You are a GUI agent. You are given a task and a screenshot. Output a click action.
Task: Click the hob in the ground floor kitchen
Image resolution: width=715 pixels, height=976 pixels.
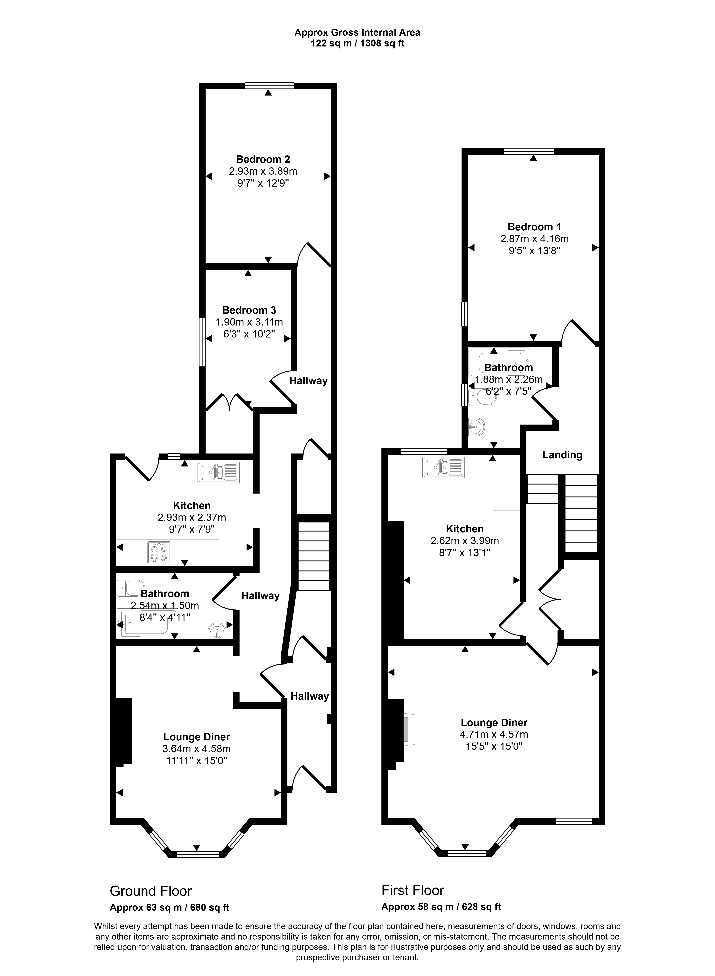(159, 553)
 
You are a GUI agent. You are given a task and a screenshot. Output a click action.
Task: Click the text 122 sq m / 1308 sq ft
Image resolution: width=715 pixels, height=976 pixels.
(357, 43)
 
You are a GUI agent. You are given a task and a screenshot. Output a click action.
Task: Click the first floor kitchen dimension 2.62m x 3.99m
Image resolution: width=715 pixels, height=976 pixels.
(465, 541)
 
